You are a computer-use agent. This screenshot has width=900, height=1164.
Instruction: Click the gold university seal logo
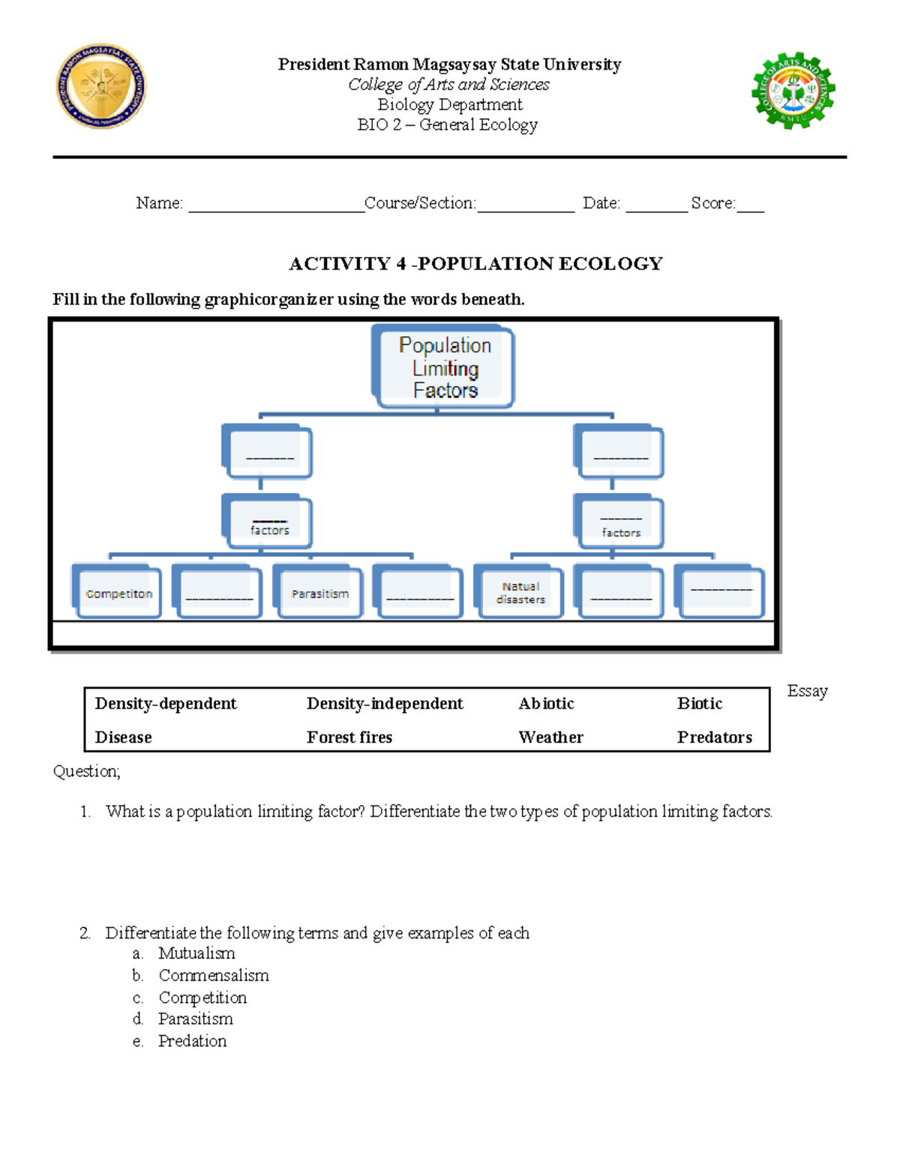[101, 86]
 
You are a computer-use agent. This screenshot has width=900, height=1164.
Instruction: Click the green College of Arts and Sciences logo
[793, 91]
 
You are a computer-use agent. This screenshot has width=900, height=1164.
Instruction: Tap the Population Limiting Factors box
[445, 367]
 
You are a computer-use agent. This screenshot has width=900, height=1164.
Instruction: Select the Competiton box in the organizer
[118, 593]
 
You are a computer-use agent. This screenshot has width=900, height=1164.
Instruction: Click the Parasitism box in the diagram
[320, 593]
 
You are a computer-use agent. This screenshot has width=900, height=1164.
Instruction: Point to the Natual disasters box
[520, 593]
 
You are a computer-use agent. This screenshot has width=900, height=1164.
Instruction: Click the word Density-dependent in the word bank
[166, 703]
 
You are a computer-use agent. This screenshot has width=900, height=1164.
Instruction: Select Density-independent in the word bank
[385, 703]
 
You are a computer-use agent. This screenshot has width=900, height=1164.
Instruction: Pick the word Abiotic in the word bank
[546, 703]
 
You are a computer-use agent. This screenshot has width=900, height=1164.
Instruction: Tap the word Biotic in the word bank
[699, 703]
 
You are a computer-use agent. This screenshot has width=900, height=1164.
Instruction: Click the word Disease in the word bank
[124, 737]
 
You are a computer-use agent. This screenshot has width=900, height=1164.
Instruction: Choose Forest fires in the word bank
[349, 737]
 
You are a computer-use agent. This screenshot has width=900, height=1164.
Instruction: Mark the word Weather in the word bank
[550, 737]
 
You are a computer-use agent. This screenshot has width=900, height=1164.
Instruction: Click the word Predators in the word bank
[714, 737]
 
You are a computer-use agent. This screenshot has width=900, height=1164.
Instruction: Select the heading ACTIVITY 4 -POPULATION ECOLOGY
[475, 264]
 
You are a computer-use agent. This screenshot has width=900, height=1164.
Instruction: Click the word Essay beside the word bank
[807, 691]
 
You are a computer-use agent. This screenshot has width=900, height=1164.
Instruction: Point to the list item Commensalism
[214, 975]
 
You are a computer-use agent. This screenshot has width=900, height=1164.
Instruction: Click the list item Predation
[192, 1041]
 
